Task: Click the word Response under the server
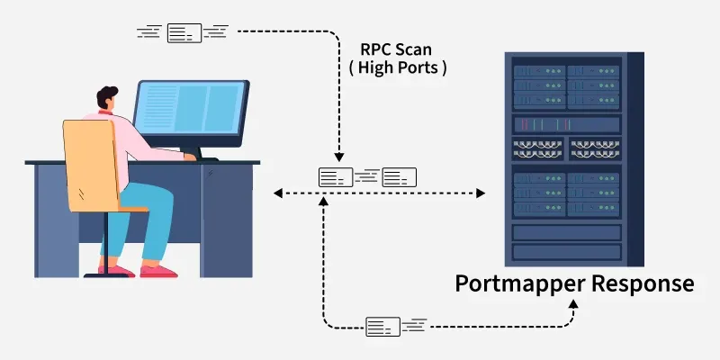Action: click(x=641, y=284)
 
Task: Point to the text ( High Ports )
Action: click(x=395, y=67)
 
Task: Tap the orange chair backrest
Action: click(x=90, y=166)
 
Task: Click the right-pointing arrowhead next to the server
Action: click(x=481, y=193)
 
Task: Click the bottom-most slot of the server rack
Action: click(x=567, y=252)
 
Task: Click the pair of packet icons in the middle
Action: click(x=368, y=176)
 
